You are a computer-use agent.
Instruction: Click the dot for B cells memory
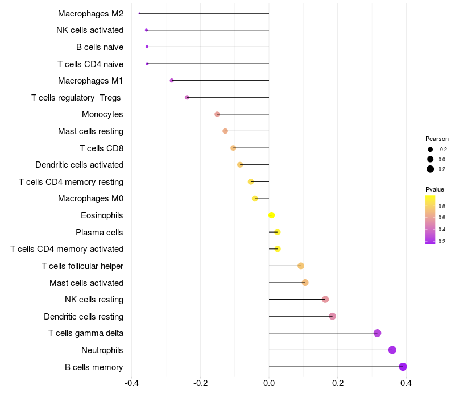coord(403,367)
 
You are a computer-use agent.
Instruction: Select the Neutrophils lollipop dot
coord(392,350)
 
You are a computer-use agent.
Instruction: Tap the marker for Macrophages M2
coord(139,13)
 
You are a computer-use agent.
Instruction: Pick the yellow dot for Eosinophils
coord(271,215)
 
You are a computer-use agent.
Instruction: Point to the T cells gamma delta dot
coord(377,333)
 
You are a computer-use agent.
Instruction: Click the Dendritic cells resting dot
coord(332,316)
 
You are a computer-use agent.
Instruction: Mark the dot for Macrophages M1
coord(172,81)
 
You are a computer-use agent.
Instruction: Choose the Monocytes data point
coord(217,114)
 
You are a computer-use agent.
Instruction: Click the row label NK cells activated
coord(90,30)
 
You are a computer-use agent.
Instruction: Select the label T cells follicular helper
coord(82,266)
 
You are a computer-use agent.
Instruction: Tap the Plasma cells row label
coord(100,233)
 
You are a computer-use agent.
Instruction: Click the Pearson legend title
coord(437,139)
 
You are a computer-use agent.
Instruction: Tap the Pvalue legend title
coord(435,189)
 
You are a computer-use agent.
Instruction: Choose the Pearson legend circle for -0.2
coord(431,149)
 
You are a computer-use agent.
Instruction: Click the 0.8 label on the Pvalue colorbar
coord(442,205)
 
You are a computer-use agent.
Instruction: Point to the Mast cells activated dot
coord(305,283)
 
